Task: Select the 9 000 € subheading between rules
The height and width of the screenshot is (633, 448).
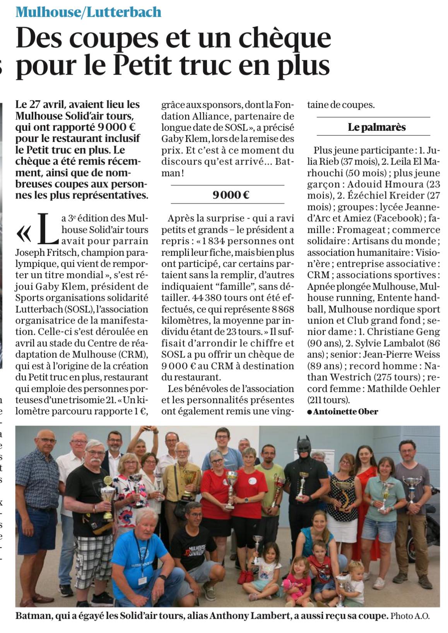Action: click(x=231, y=195)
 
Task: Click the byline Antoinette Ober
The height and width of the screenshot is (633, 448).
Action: click(x=345, y=412)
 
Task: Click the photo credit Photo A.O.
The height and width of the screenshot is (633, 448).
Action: click(x=410, y=617)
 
